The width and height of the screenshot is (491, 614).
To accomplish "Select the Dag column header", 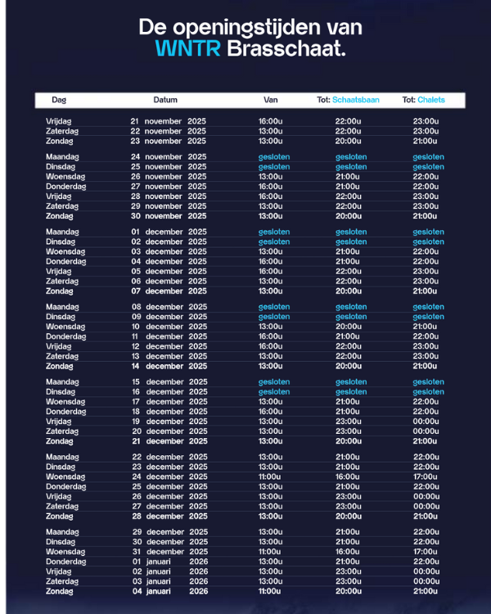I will [59, 100].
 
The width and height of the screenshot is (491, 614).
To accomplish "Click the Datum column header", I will [165, 100].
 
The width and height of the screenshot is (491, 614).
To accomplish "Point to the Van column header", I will [271, 100].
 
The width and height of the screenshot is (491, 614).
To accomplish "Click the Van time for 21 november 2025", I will [271, 121].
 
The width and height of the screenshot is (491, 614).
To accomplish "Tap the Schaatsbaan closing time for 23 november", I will [348, 141].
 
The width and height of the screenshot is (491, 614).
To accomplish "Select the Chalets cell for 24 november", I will [429, 157].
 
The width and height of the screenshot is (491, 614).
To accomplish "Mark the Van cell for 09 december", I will [274, 317].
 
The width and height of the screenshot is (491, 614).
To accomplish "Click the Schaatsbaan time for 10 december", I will [348, 327].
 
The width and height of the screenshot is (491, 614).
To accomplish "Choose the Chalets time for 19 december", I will [426, 422].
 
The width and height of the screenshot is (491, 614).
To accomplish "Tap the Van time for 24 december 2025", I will [271, 477].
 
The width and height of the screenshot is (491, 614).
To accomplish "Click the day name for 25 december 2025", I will [66, 487].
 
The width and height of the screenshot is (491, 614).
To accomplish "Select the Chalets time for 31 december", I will [426, 552].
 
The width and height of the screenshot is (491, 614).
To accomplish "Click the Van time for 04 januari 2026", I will [271, 591].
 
